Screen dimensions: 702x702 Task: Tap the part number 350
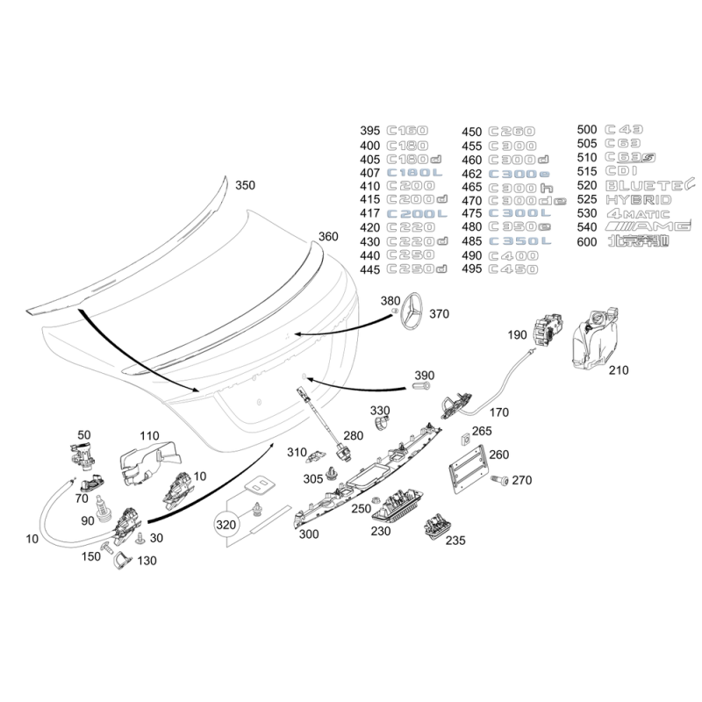coord(246,185)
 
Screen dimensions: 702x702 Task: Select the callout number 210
coord(619,370)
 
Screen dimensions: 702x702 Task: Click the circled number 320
coord(226,524)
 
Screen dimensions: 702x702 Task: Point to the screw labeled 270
coord(501,480)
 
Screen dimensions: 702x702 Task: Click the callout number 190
coord(518,334)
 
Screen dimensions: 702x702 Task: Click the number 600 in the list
coord(588,241)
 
